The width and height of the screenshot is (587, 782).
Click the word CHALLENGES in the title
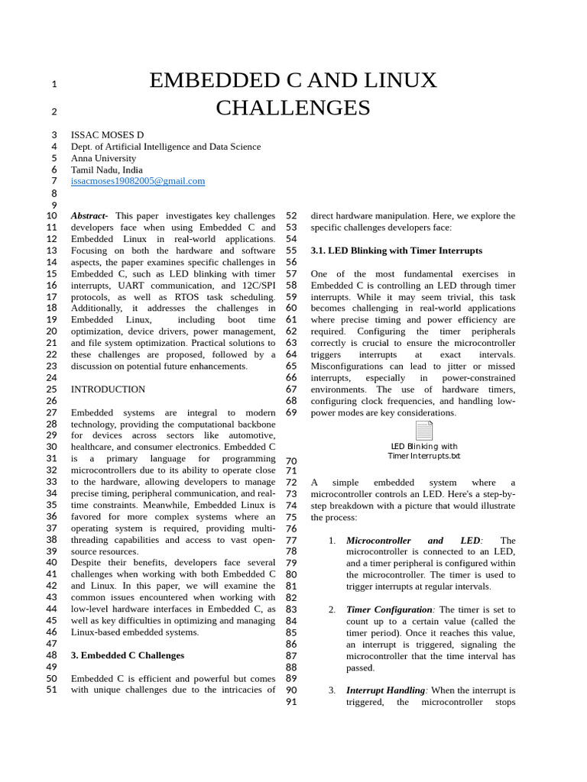click(293, 108)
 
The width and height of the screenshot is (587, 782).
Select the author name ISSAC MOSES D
click(107, 135)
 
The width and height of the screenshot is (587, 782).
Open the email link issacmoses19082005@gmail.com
click(138, 181)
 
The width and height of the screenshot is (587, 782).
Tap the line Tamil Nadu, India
click(106, 170)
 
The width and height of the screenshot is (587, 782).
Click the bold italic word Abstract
click(89, 216)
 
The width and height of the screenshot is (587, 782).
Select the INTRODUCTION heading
click(108, 389)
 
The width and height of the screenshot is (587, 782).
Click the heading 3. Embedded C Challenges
click(127, 655)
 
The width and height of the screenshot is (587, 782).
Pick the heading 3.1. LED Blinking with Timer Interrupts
click(396, 250)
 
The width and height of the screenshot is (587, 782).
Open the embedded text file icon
click(424, 431)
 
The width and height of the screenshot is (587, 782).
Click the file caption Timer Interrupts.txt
click(424, 456)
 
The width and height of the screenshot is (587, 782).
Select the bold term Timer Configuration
click(389, 610)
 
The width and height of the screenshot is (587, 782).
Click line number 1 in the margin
click(54, 84)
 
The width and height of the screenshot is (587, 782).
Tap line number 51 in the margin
click(51, 690)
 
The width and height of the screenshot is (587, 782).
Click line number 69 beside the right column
click(290, 413)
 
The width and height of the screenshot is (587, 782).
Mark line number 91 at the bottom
click(290, 703)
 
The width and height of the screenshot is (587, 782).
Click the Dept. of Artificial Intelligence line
click(165, 147)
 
